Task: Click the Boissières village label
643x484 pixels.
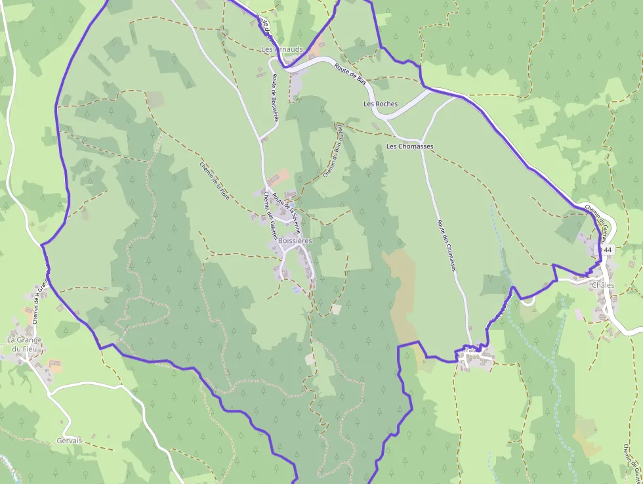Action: coord(295,241)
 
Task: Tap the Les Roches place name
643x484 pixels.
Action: coord(381,104)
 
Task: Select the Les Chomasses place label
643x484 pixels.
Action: coord(410,146)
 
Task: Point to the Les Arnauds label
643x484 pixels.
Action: coord(282,49)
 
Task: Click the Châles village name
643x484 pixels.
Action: coord(603,285)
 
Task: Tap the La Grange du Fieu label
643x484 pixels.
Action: coord(24,344)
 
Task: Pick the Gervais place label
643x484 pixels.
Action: coord(70,441)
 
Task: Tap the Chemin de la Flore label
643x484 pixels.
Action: coord(215,180)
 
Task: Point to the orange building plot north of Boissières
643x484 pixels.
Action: coord(280,176)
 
